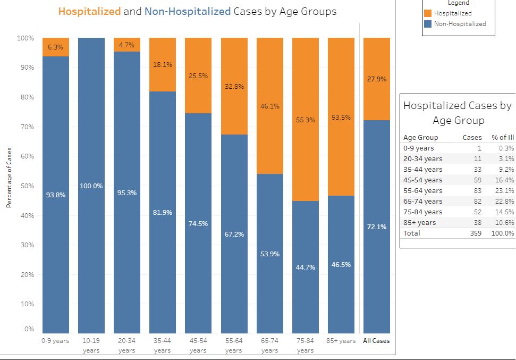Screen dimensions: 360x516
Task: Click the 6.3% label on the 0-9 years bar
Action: pyautogui.click(x=55, y=47)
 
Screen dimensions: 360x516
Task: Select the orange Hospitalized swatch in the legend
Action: pyautogui.click(x=428, y=13)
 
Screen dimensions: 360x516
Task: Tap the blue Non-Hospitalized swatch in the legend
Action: pyautogui.click(x=428, y=24)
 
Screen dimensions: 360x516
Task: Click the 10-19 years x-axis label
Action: pyautogui.click(x=91, y=345)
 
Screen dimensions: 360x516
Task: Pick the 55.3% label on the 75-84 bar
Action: pyautogui.click(x=306, y=120)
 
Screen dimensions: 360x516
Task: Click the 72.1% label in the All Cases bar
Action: pyautogui.click(x=376, y=227)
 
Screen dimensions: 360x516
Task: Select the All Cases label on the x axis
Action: pyautogui.click(x=376, y=341)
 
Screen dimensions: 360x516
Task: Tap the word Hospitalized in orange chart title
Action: pyautogui.click(x=89, y=11)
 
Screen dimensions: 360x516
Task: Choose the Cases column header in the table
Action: pyautogui.click(x=472, y=137)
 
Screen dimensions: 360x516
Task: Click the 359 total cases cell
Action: pyautogui.click(x=475, y=233)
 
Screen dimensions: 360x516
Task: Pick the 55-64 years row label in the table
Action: pyautogui.click(x=422, y=190)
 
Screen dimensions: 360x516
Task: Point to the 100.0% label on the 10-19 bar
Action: pyautogui.click(x=91, y=186)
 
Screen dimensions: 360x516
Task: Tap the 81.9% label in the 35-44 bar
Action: pyautogui.click(x=163, y=213)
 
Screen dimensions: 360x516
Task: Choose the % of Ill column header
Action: pyautogui.click(x=503, y=137)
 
